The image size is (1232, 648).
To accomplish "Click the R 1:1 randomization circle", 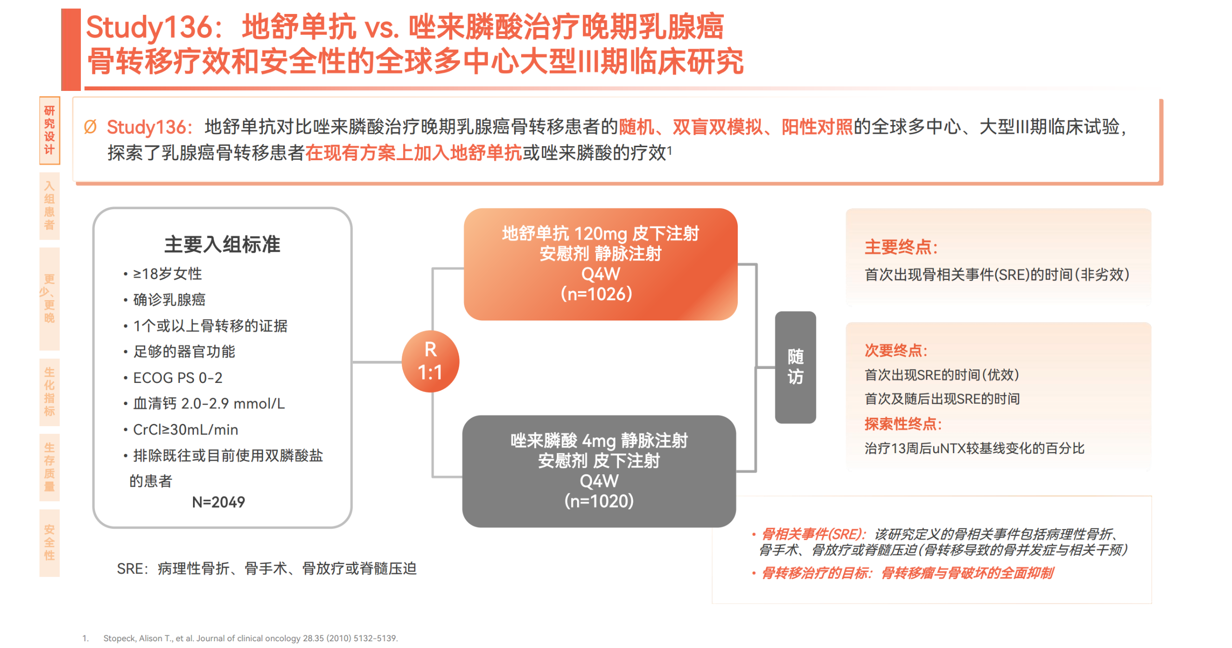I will pos(430,361).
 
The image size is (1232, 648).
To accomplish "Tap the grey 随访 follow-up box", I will pos(795,367).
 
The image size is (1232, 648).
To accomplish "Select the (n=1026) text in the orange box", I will pos(596,294).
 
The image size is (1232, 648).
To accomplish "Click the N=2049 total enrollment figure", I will pos(218,502).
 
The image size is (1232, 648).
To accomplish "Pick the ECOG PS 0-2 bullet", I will pos(178,378).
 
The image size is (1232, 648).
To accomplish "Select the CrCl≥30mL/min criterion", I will pos(185,429).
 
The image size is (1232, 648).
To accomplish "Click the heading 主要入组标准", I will pos(222,244).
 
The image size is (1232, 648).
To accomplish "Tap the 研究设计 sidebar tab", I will pos(49,130).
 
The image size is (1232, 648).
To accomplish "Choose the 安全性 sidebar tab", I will pos(49,542).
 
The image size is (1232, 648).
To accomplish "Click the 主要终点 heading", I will pos(899,247).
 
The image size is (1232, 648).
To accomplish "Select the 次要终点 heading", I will pos(895,350).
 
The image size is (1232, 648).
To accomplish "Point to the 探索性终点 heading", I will pos(902,424).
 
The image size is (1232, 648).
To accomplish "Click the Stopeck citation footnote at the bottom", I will pos(250,638).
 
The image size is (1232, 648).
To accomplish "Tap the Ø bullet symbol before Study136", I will pos(90,127).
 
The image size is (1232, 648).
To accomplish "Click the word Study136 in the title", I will pos(150,27).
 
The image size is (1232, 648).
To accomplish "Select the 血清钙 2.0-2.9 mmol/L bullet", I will pos(208,403).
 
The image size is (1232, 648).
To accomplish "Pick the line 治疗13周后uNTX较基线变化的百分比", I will pos(974,448).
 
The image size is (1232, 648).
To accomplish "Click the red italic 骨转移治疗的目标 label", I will pos(816,573).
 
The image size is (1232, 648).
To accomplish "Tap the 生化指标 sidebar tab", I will pos(49,392).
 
